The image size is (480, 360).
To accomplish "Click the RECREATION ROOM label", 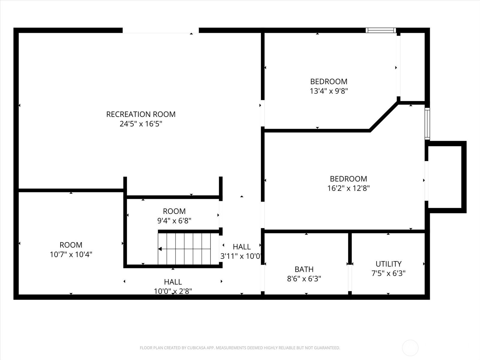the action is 141,114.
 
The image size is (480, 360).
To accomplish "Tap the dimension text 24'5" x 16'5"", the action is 141,124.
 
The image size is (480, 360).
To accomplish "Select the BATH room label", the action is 304,269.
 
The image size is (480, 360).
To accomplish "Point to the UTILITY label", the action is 388,264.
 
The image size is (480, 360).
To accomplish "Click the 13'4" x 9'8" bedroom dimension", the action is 329,91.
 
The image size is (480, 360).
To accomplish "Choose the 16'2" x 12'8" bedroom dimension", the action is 348,188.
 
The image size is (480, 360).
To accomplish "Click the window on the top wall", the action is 381,30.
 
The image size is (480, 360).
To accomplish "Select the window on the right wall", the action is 427,124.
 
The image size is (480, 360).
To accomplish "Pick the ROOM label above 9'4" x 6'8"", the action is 174,211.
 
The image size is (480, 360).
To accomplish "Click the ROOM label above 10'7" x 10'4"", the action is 71,245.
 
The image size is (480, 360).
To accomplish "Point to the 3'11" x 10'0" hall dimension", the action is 241,256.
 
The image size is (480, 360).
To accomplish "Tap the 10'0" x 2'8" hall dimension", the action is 173,291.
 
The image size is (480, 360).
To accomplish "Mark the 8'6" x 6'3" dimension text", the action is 304,279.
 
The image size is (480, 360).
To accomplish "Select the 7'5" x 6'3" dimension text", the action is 388,273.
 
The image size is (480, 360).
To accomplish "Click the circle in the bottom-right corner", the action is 410,348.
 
